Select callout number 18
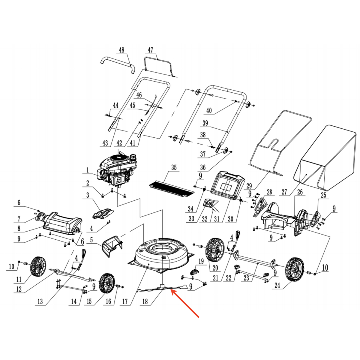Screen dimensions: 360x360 (x=145, y=301)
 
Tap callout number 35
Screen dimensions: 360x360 (x=174, y=167)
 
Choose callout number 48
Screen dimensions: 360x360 (x=121, y=50)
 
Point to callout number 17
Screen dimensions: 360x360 (x=125, y=301)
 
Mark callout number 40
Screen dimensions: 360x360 (x=209, y=111)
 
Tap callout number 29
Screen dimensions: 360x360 (x=249, y=186)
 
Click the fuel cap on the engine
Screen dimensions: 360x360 (x=133, y=157)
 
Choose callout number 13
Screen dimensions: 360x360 (x=40, y=301)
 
